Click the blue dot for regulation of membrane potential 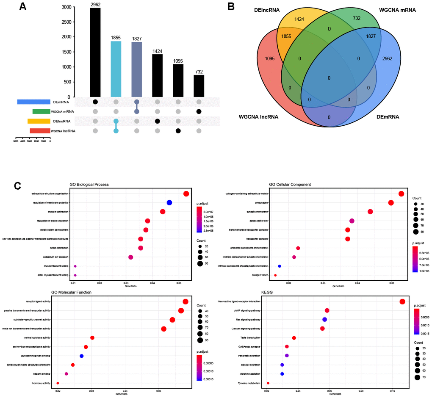[x=169, y=203]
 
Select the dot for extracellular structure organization [x=186, y=194]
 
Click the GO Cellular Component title [x=290, y=185]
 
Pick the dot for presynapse [x=391, y=203]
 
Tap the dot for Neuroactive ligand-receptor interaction [x=402, y=301]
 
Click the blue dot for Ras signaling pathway [x=325, y=319]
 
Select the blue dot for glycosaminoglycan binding [x=82, y=356]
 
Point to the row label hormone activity [x=41, y=383]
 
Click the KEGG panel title [x=274, y=292]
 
